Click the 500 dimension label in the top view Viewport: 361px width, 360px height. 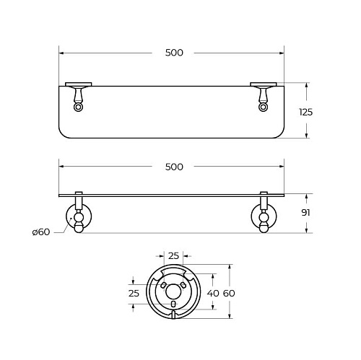(174, 53)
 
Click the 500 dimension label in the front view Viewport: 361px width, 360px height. (174, 167)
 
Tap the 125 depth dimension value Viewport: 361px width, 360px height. (305, 112)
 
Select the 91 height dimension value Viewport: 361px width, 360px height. (305, 213)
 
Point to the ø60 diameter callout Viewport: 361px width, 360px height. (41, 232)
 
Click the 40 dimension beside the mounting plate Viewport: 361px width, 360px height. (213, 293)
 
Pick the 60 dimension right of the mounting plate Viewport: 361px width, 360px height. (229, 293)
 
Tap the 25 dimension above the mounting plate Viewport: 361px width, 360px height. (173, 256)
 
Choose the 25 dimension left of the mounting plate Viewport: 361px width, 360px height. (134, 293)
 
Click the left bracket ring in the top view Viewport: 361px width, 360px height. (78, 107)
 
